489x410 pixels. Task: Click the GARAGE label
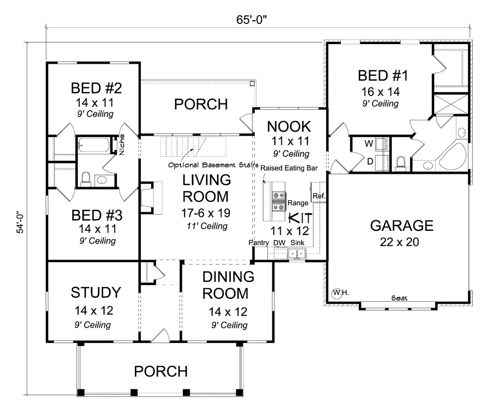tap(401, 225)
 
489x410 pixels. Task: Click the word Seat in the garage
tap(400, 298)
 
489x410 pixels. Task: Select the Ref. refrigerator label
tap(319, 196)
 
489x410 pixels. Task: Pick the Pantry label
tap(258, 242)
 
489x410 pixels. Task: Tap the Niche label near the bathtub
tap(122, 144)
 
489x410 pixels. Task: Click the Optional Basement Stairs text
tap(213, 165)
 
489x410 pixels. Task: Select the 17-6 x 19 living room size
tap(205, 214)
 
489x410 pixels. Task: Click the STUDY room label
tap(95, 293)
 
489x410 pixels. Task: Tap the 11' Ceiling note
tap(206, 226)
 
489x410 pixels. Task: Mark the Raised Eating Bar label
tap(289, 168)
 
